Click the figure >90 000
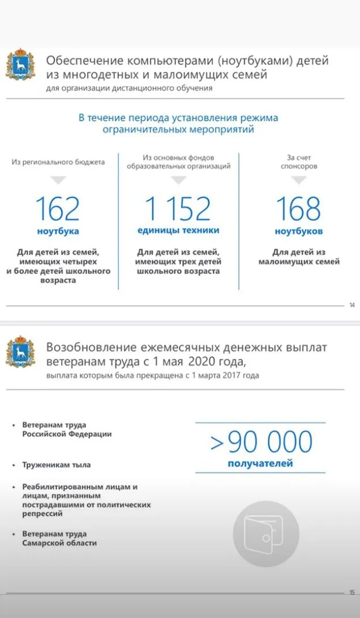(x=261, y=443)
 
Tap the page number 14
(x=352, y=306)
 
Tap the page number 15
(x=352, y=593)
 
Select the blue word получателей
(x=260, y=464)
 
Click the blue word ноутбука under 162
(x=58, y=231)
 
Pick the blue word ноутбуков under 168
(x=299, y=231)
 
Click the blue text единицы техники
(x=178, y=230)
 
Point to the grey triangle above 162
(x=58, y=181)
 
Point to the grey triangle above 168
(x=299, y=181)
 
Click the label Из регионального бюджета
(x=58, y=162)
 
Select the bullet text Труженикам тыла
(x=57, y=465)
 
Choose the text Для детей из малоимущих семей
(x=299, y=257)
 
